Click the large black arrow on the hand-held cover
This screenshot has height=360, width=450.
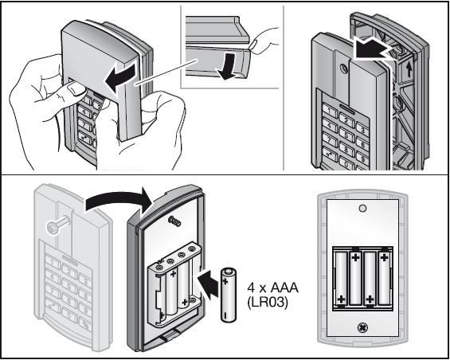[x=120, y=77]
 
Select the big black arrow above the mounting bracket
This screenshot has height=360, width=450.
[x=373, y=49]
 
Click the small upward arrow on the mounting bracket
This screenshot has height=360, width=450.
[x=409, y=69]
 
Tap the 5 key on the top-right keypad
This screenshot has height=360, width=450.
[x=346, y=134]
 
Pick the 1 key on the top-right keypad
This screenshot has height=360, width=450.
[x=330, y=111]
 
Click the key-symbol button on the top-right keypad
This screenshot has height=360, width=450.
[x=331, y=155]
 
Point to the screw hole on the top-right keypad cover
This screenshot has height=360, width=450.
[x=343, y=68]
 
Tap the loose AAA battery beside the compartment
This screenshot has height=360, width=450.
[x=229, y=295]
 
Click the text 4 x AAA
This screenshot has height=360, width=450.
[x=272, y=288]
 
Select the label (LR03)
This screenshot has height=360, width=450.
[x=267, y=303]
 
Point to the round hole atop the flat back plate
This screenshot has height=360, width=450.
[x=362, y=208]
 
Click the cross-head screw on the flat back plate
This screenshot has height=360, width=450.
[x=362, y=327]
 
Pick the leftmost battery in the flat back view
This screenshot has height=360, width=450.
[x=341, y=278]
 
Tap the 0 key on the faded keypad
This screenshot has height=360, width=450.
[x=68, y=315]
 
